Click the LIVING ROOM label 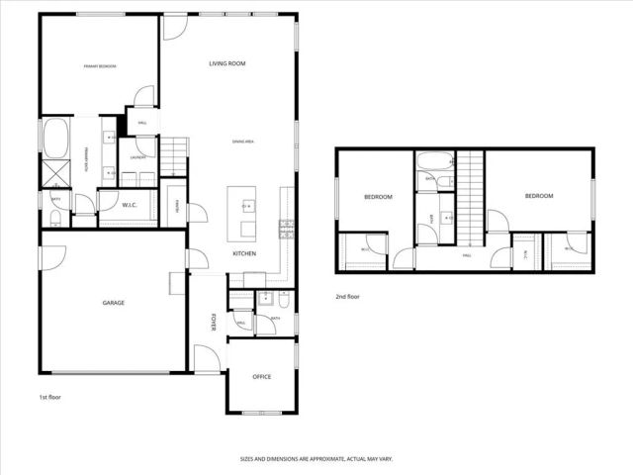(x=226, y=63)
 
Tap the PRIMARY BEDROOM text (x=99, y=66)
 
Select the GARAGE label (x=113, y=303)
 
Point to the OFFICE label (x=261, y=377)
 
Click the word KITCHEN (x=245, y=254)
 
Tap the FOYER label (x=213, y=323)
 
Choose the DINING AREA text (x=244, y=142)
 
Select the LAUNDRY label (x=137, y=155)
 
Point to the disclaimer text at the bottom (x=316, y=459)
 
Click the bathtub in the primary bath (x=55, y=137)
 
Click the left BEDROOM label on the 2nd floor (x=378, y=197)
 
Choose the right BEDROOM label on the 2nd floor (x=538, y=196)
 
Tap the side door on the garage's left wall (x=47, y=258)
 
